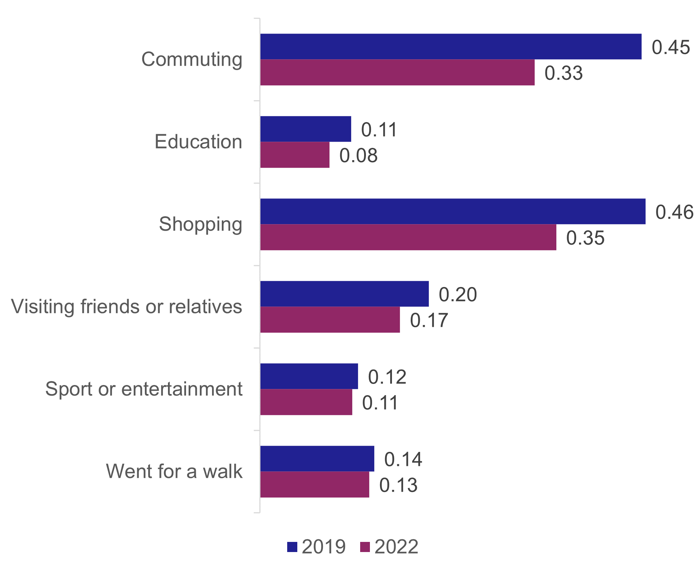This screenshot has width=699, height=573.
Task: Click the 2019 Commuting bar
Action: tap(450, 47)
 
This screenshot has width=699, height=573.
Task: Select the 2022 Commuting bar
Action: tap(397, 72)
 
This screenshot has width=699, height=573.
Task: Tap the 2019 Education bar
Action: tap(306, 129)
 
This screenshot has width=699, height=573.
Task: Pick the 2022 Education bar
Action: tap(295, 155)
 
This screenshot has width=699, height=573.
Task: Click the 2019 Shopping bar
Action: tap(453, 211)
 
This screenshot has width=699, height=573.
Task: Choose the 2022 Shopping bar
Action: tap(408, 237)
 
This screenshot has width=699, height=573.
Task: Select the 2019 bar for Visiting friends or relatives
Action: tap(344, 294)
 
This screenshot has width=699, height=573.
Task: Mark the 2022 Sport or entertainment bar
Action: tap(306, 402)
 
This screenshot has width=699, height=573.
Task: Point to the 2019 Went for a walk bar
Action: tap(317, 459)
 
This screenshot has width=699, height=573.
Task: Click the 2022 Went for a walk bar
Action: tap(315, 484)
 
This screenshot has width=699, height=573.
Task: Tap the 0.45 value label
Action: tap(671, 47)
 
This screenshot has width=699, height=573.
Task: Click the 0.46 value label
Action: tap(674, 212)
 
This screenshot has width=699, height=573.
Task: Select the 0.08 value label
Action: tap(358, 155)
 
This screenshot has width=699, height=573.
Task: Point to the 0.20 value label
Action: tap(458, 295)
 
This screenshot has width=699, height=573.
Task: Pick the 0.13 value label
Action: tap(398, 485)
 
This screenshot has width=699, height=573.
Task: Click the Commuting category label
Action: tap(192, 59)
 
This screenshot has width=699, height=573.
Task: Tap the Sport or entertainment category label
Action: tap(144, 389)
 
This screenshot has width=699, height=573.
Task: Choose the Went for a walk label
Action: tap(174, 471)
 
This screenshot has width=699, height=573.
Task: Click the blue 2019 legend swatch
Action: tap(292, 547)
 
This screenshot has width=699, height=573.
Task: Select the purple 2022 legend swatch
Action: tap(365, 547)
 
